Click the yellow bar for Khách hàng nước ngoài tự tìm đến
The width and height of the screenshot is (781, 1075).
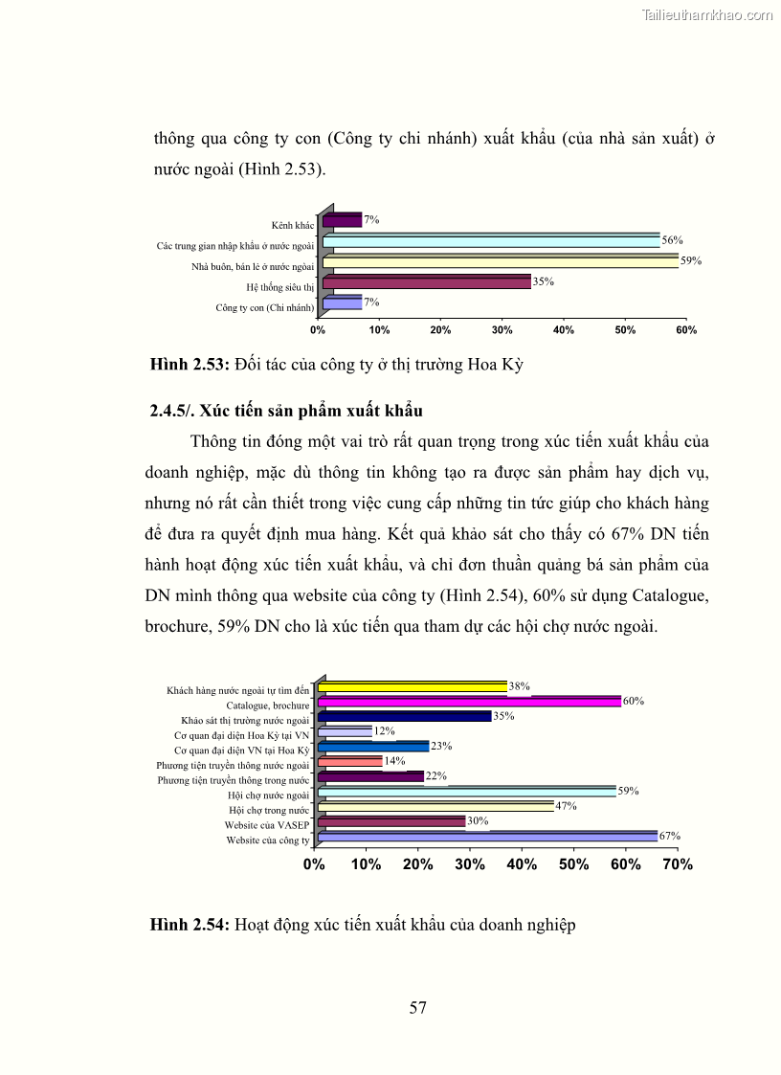[413, 686]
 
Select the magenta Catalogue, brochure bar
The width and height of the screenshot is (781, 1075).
[469, 701]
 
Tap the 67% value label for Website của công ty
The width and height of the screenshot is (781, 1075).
[669, 836]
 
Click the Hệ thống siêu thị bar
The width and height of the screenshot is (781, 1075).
[426, 282]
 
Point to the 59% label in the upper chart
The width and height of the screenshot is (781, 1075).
[690, 260]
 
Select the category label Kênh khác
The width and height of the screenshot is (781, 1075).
[293, 226]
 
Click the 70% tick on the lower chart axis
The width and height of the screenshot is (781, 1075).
[677, 864]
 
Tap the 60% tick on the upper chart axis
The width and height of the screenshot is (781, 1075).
[686, 330]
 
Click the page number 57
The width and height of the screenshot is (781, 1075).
[417, 1007]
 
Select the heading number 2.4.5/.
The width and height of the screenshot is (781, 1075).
[171, 411]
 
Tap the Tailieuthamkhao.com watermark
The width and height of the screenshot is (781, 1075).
[706, 14]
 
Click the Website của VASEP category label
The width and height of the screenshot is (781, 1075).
[267, 825]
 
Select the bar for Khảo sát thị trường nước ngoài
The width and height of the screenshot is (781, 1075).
[404, 716]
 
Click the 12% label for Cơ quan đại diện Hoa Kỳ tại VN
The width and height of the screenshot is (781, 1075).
[384, 730]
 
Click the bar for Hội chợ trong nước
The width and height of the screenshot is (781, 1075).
[435, 806]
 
